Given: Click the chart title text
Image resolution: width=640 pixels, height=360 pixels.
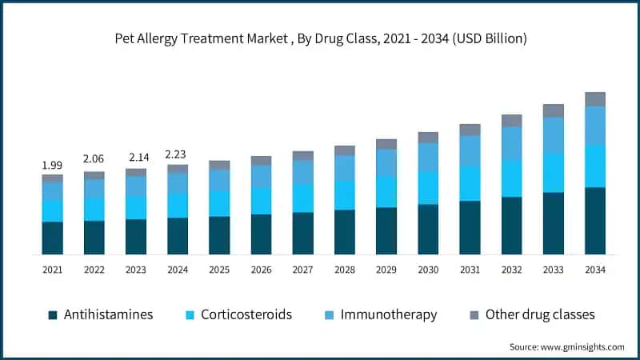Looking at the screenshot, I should pos(320,38).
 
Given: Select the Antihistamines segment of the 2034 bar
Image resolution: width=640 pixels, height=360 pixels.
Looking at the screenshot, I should pos(594,221).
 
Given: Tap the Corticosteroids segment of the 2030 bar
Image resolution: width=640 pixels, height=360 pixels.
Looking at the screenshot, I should pos(428,188).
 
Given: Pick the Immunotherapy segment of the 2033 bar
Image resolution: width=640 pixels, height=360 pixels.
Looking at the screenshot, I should pos(553,134).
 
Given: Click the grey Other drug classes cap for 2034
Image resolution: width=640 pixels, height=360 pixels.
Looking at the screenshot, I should pos(594,99).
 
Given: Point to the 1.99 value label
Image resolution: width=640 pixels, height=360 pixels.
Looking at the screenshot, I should pos(52,165).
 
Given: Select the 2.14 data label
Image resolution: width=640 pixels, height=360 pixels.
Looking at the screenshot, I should pos(135,158).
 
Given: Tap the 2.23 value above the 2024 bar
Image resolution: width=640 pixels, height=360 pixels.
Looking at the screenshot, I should pos(177,154).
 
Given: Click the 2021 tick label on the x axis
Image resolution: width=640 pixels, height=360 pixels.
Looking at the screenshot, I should pos(52,270).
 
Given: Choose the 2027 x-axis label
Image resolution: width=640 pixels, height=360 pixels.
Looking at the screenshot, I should pos(302,270).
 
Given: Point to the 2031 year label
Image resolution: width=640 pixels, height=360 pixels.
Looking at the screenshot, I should pos(470,270).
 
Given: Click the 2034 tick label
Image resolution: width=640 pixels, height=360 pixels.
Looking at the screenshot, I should pos(594,270).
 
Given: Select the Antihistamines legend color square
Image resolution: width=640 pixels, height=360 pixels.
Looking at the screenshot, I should pos(53,315).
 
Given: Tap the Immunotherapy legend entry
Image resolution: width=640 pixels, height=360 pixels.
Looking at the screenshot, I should pos(389,314).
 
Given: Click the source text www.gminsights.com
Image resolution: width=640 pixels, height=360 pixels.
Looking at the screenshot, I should pos(566,346).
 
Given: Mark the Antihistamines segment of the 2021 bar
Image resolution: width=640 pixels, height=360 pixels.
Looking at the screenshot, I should pos(52,238).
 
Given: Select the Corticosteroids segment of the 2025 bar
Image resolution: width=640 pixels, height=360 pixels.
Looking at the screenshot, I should pos(219,203).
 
